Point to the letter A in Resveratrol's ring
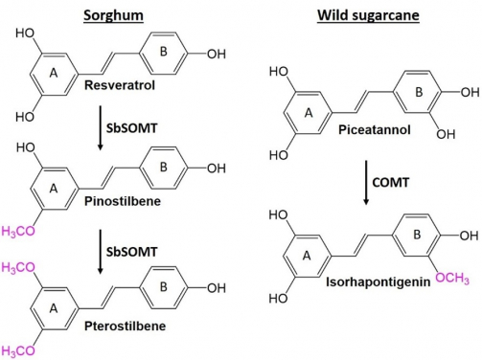click(x=55, y=69)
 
